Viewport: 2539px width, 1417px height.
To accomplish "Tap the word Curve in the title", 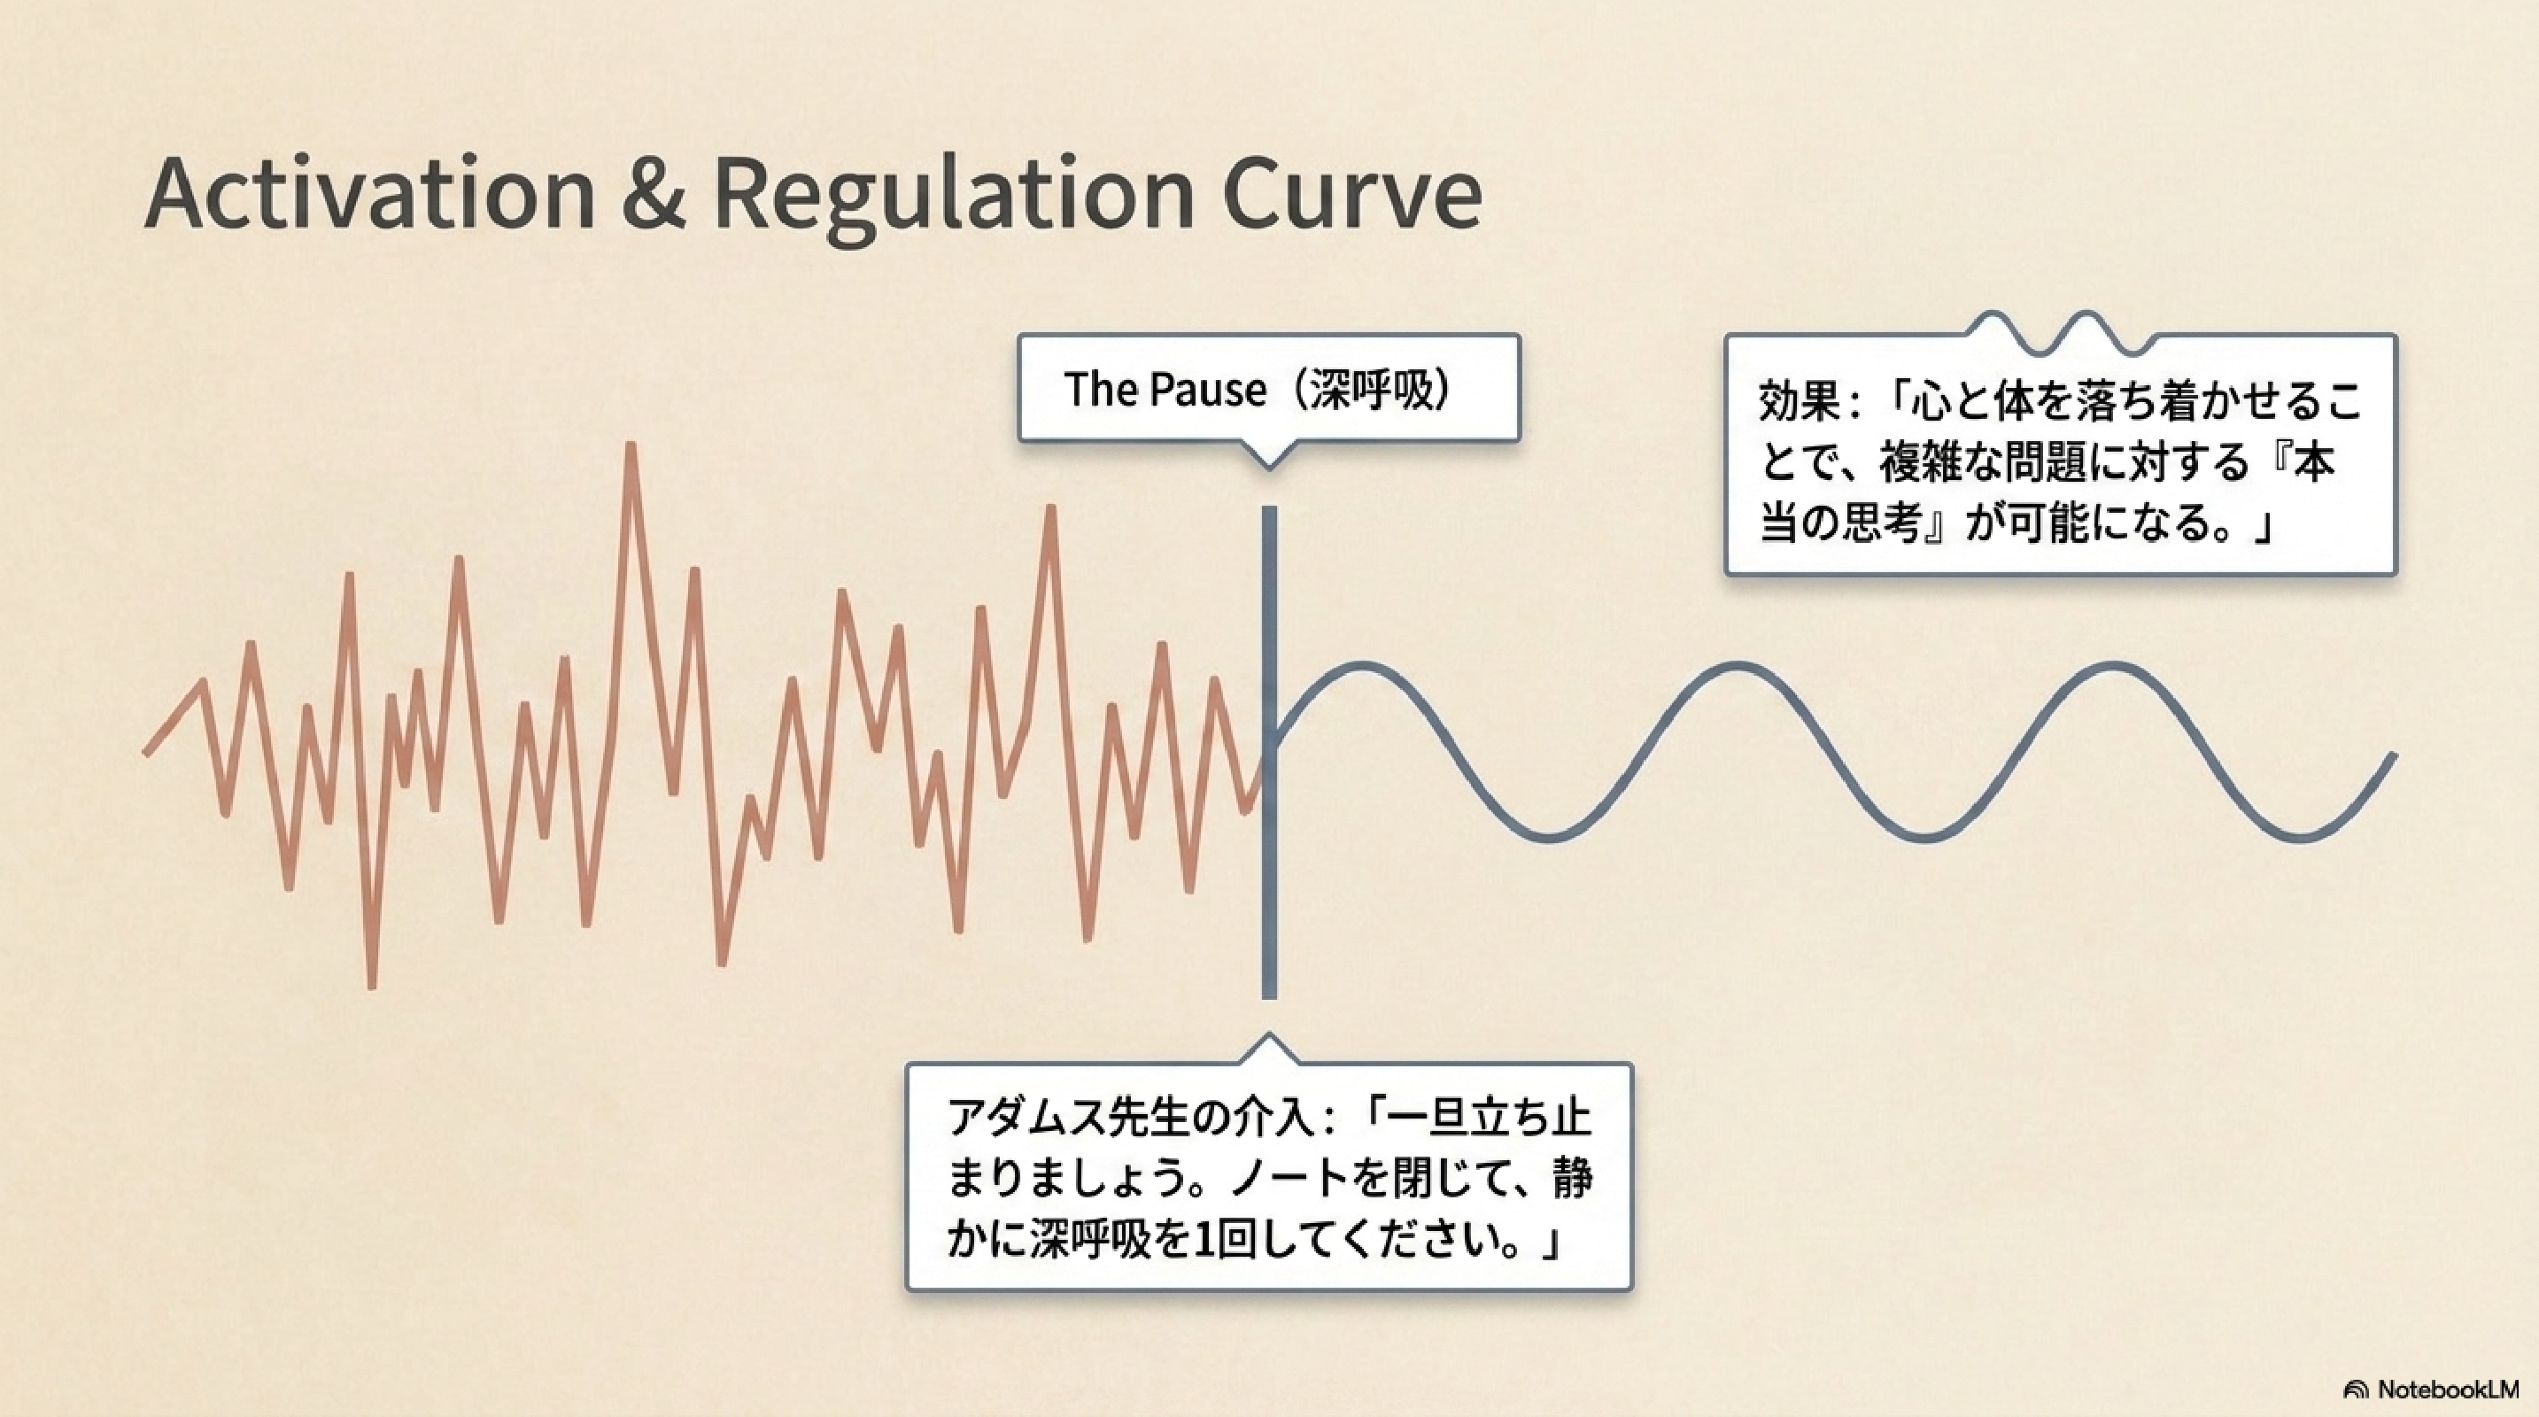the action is click(1351, 193).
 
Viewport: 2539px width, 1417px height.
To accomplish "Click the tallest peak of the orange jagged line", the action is click(630, 446).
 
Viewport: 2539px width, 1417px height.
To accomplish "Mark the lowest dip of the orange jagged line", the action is click(372, 985).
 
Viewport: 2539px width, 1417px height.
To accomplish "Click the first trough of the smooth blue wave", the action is click(1548, 838).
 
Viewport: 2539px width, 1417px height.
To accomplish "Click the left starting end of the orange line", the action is click(147, 754).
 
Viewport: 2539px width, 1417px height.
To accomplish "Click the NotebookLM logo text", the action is click(2449, 1390).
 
